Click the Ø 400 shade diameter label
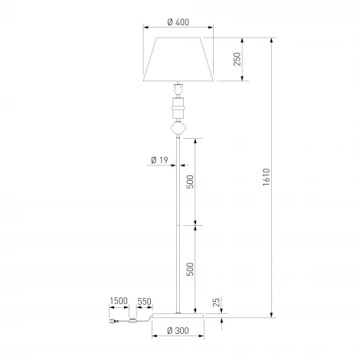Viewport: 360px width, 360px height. (178, 22)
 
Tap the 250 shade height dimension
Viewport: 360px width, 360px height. (237, 59)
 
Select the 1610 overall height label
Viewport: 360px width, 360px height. (267, 177)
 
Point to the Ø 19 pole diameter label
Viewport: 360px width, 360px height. (159, 160)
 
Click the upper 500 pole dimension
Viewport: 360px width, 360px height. (190, 182)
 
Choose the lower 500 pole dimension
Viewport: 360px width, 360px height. (190, 269)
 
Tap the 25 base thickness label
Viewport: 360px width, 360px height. (216, 303)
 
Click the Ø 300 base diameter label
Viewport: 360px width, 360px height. (178, 331)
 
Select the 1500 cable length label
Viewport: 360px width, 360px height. (119, 301)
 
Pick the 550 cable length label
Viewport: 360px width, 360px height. (145, 301)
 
